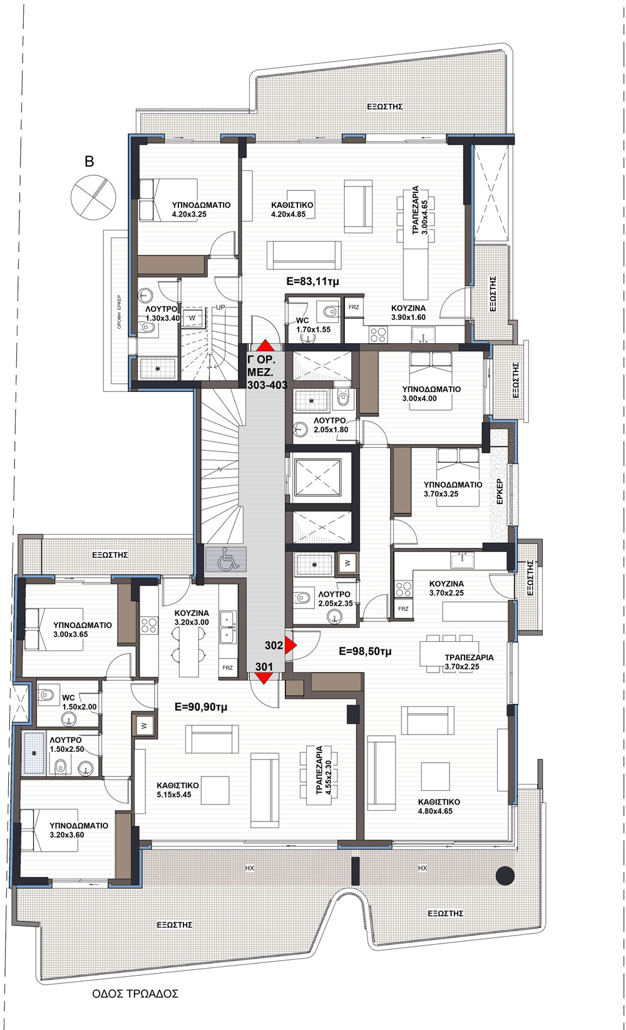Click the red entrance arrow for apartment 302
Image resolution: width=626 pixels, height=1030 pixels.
tap(290, 645)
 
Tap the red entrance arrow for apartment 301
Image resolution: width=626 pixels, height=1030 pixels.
tap(264, 678)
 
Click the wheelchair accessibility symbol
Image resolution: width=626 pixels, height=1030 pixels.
tap(225, 559)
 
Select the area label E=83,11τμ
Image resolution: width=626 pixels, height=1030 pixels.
tap(312, 281)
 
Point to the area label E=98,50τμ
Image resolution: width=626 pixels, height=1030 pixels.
tap(365, 651)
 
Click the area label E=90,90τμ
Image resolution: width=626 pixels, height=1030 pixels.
tap(201, 707)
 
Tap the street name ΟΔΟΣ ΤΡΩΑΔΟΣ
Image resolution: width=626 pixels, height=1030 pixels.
tap(135, 994)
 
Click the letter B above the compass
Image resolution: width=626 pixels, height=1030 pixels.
tap(89, 162)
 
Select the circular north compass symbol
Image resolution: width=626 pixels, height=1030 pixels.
tap(93, 197)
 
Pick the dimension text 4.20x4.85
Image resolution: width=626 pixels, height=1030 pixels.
tap(288, 214)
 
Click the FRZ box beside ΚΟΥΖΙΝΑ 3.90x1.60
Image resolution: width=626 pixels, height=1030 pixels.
tap(354, 307)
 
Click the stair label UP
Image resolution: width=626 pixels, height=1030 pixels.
tap(220, 307)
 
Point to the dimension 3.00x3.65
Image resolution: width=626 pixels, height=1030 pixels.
tap(70, 634)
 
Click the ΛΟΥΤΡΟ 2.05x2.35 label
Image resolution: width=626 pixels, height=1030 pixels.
tap(335, 599)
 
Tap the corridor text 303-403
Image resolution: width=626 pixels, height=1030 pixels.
tap(267, 385)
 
